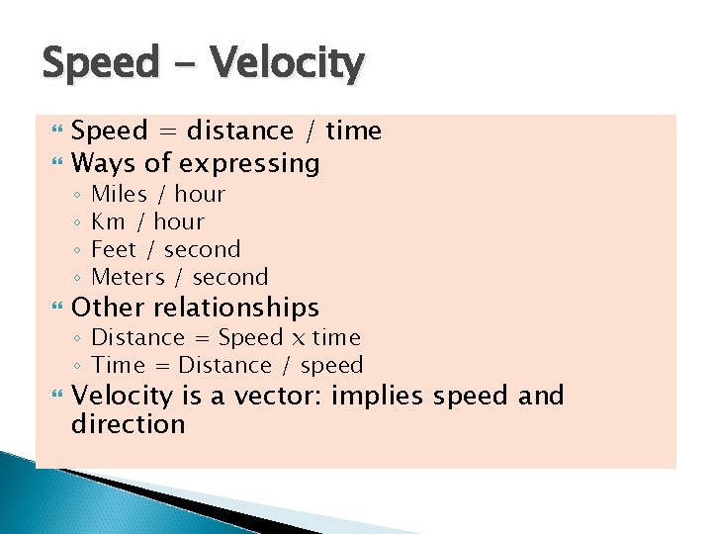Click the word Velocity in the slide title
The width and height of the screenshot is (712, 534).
coord(288,65)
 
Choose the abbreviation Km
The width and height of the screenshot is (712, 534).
coord(108,222)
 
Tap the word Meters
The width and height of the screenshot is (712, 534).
coord(130,277)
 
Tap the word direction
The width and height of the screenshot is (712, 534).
coord(129,425)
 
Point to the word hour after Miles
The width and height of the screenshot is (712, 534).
coord(200,194)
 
